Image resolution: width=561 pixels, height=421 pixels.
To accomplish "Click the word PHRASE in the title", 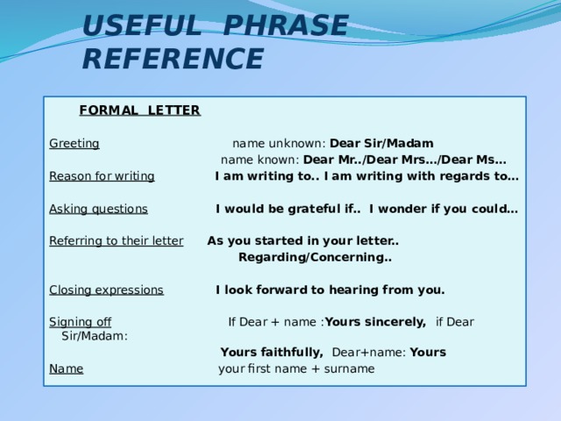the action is point(286,25).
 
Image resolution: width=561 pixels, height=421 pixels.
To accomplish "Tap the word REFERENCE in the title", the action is point(174,59).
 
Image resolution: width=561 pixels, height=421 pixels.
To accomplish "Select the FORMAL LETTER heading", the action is point(140,111).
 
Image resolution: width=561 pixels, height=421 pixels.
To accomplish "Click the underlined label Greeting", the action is point(75,144).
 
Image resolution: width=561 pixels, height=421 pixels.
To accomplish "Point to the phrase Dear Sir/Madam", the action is point(381,143).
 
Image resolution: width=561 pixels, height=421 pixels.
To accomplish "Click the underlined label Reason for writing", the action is point(102,176).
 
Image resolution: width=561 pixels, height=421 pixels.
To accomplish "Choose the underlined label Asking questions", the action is point(98,209).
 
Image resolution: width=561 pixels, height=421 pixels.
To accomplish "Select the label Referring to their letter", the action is point(117,240).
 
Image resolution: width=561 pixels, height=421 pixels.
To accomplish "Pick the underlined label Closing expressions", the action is point(107,290).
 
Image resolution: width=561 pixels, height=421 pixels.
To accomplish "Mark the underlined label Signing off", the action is point(80,322).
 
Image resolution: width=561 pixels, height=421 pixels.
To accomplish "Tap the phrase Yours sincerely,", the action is point(376,322).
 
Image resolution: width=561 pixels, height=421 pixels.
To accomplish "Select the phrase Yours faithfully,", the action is point(272,353).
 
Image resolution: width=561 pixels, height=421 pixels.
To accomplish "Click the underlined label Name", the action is point(67,368).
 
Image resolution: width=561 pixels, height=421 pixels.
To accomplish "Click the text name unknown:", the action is point(279,144).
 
